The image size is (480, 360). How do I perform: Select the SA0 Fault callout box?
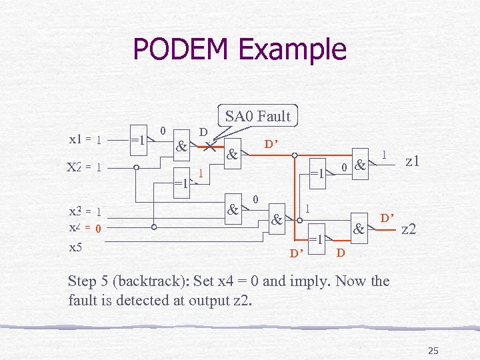tap(257, 116)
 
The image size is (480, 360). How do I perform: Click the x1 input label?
tap(75, 139)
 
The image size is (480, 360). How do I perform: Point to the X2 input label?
tap(74, 167)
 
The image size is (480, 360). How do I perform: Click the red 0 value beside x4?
tap(97, 229)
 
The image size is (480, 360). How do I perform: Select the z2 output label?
tap(409, 229)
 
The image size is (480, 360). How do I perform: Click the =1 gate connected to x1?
tap(139, 141)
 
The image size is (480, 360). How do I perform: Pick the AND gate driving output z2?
tap(359, 230)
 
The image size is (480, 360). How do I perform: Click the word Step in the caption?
tap(83, 281)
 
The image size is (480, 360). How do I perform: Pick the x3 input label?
tap(75, 211)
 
